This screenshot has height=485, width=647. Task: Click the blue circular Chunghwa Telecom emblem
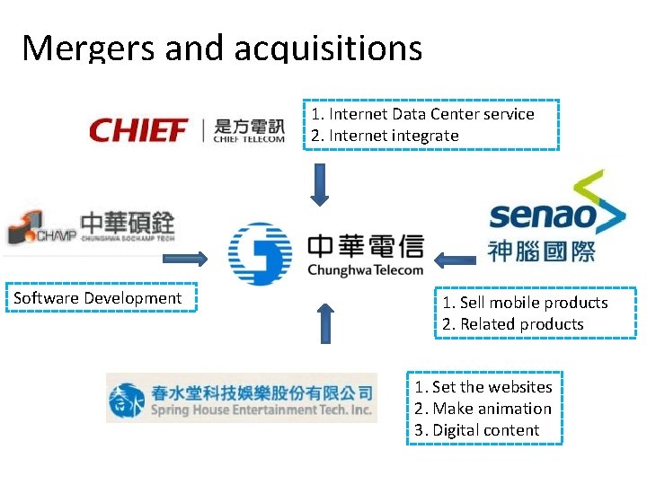pos(260,255)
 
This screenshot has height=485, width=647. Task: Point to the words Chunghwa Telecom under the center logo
pos(364,269)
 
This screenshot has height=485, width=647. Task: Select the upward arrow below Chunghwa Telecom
pos(325,322)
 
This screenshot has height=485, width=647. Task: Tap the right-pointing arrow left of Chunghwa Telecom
pos(184,259)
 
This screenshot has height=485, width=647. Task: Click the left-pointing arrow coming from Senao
pos(455,260)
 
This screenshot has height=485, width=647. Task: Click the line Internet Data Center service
pos(422,114)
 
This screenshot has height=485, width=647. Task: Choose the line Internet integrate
pos(385,136)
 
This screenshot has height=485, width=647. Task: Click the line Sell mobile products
pos(525,303)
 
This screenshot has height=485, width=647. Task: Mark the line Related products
pos(513,324)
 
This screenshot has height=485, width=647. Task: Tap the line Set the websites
pos(483,387)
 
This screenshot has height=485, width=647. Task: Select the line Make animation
pos(483,409)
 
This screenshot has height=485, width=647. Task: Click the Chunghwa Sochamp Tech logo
pos(90,227)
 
